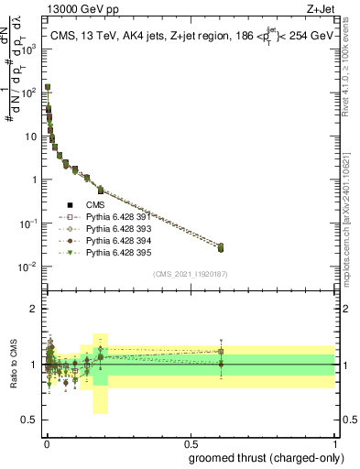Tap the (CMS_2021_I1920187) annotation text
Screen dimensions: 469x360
191,274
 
